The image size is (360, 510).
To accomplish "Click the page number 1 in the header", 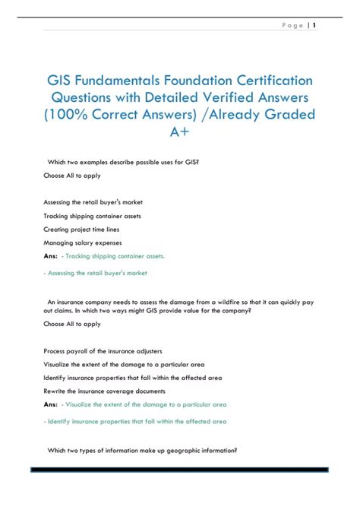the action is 314,26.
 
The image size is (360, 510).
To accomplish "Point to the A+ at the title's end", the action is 180,134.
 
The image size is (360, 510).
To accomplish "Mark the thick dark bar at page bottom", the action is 180,470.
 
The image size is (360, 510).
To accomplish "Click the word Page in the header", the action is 291,26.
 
